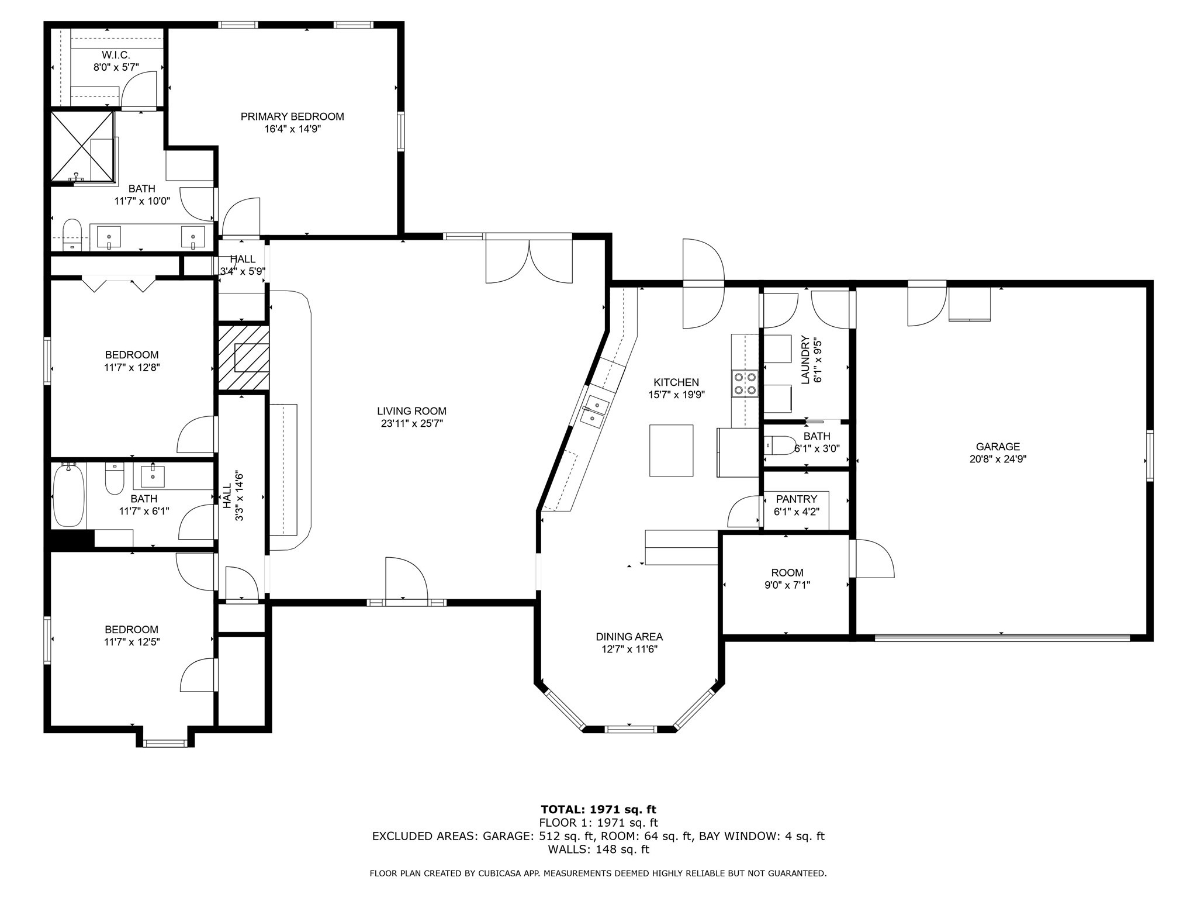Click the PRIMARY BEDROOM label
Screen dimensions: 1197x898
(x=292, y=116)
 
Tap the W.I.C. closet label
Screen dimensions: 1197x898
(x=116, y=54)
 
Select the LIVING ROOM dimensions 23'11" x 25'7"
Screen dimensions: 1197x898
(x=412, y=424)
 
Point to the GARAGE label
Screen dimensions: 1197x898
(x=998, y=447)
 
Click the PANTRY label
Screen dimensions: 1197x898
(x=796, y=499)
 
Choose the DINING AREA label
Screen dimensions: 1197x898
(x=629, y=637)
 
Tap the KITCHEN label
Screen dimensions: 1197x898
(x=676, y=382)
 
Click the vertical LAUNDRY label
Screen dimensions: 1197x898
(x=805, y=360)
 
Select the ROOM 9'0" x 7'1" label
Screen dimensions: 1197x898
(x=787, y=578)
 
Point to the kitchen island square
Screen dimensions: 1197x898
(x=671, y=450)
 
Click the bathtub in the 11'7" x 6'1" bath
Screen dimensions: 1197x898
(x=69, y=495)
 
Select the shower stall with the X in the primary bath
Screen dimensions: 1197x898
(x=82, y=146)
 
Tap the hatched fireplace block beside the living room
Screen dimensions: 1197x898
(x=244, y=358)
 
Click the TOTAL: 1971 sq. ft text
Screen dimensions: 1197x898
(x=598, y=809)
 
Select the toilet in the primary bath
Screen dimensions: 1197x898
(x=72, y=234)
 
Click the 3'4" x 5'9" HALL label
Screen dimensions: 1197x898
(x=243, y=265)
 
